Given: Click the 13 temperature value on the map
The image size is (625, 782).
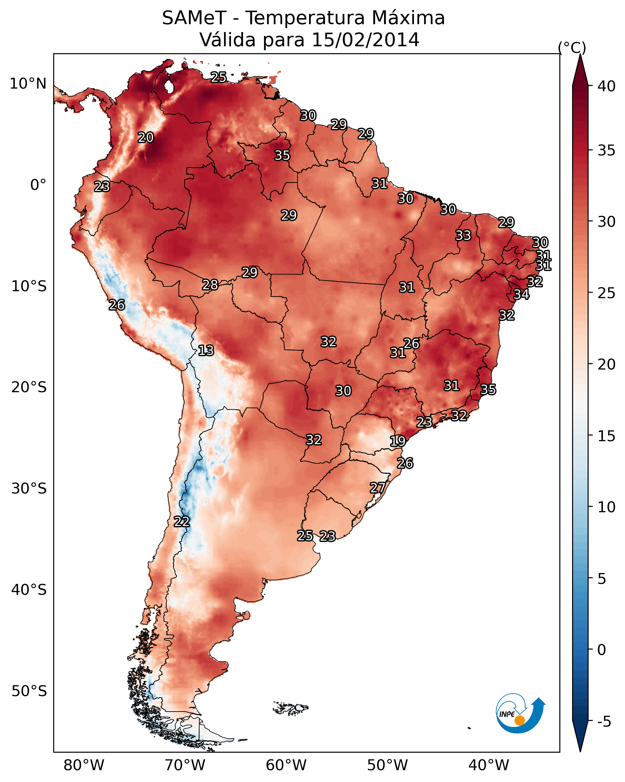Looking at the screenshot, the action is point(206,350).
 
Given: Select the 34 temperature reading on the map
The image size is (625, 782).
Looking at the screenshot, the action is point(521,294).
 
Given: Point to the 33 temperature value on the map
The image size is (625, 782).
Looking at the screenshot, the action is point(463,235).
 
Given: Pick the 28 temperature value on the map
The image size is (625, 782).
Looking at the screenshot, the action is point(210,285).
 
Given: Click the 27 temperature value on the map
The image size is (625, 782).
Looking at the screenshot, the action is point(378,488).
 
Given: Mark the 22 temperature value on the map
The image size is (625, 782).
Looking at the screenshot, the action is point(181,522).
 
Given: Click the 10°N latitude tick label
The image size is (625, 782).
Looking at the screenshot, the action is point(28,84).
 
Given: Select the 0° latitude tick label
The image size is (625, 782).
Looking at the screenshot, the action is point(38,185).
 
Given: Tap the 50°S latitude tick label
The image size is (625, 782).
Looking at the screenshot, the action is point(29,691).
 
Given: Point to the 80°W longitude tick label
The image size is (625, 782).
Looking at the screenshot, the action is point(84,765).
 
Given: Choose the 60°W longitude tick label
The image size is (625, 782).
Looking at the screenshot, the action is point(286,765).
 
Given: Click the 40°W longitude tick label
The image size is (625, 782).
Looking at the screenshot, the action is point(489,765).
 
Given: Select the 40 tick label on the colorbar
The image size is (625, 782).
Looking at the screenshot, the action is point(607,86).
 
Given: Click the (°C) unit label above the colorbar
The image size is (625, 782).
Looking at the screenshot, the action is point(572,47).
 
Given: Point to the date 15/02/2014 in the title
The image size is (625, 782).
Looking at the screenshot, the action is point(365,40).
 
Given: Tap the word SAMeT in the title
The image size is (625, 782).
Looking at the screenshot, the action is point(194,18).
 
